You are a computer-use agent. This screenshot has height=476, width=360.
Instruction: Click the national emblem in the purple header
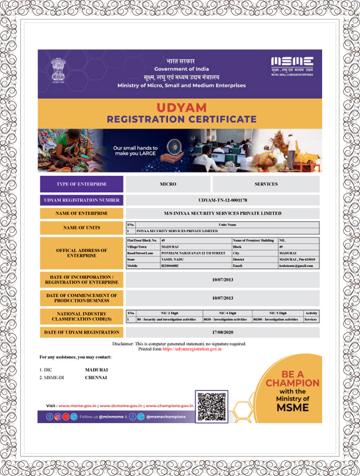pos(58,70)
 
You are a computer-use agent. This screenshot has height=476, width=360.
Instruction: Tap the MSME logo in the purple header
pos(292,65)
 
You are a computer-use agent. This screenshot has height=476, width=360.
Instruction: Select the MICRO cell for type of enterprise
pos(168,184)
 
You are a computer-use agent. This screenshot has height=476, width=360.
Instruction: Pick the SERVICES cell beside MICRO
pos(266,184)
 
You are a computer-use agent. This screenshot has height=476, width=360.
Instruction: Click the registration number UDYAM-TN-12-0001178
pos(222,200)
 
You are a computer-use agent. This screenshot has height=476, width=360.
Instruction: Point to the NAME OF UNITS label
pos(81,228)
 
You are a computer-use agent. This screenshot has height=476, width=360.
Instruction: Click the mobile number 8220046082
pos(170,266)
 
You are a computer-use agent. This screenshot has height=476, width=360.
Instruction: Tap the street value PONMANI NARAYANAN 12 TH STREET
pos(193,253)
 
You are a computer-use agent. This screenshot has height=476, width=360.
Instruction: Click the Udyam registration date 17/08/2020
pos(222,332)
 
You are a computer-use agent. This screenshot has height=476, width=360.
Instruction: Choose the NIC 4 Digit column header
pos(227,313)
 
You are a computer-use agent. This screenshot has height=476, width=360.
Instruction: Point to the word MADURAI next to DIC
pos(96,370)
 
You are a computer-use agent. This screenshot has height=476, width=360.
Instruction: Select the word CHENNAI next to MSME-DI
pos(96,378)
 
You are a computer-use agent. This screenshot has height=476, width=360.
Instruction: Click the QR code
pos(211,406)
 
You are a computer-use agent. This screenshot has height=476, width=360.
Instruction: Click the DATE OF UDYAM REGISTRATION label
pos(81,332)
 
